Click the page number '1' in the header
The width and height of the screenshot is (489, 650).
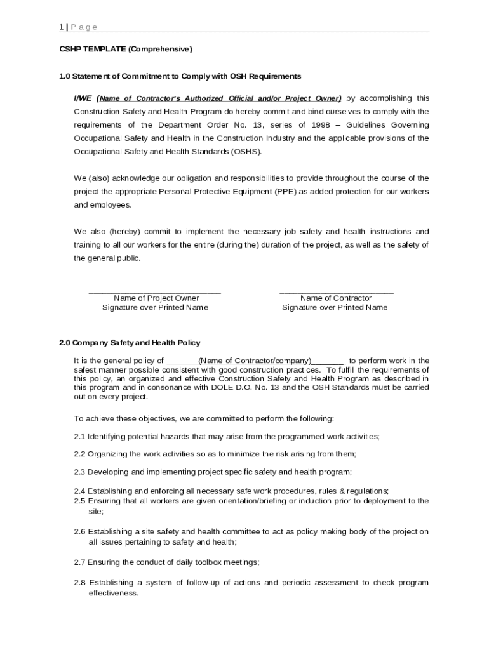click(61, 27)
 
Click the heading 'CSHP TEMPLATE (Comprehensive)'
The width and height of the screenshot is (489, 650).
click(125, 49)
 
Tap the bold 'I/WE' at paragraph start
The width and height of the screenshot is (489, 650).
click(83, 98)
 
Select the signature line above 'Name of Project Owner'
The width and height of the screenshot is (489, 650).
click(154, 292)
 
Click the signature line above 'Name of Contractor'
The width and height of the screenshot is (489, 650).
click(336, 292)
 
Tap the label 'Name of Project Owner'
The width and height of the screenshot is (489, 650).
click(156, 298)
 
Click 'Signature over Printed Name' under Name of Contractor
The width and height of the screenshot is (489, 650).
click(335, 308)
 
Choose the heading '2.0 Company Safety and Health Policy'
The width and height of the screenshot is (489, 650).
click(130, 343)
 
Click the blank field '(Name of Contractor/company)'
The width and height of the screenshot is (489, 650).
click(255, 361)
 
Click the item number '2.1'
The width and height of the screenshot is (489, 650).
click(79, 437)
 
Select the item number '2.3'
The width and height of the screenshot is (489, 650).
click(79, 472)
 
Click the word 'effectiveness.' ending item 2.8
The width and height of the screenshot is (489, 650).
click(114, 593)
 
